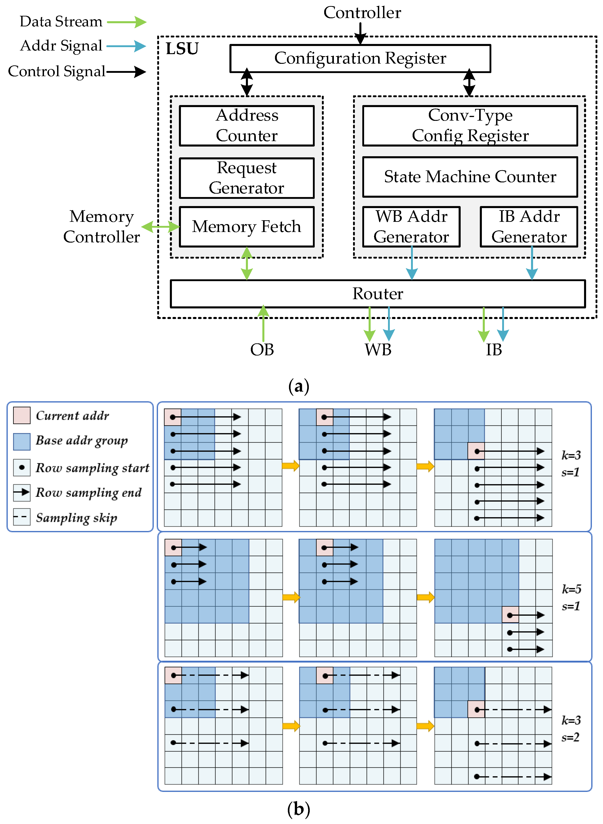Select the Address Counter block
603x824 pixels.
pos(247,126)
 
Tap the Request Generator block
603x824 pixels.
pos(247,178)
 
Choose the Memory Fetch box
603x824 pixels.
pos(247,227)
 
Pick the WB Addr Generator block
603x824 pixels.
pos(411,227)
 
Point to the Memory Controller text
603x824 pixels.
pos(102,227)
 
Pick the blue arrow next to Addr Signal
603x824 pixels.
pos(126,46)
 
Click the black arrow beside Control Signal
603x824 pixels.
pos(126,71)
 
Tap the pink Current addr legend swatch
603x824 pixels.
pos(21,415)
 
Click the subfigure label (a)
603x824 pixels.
pos(299,386)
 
